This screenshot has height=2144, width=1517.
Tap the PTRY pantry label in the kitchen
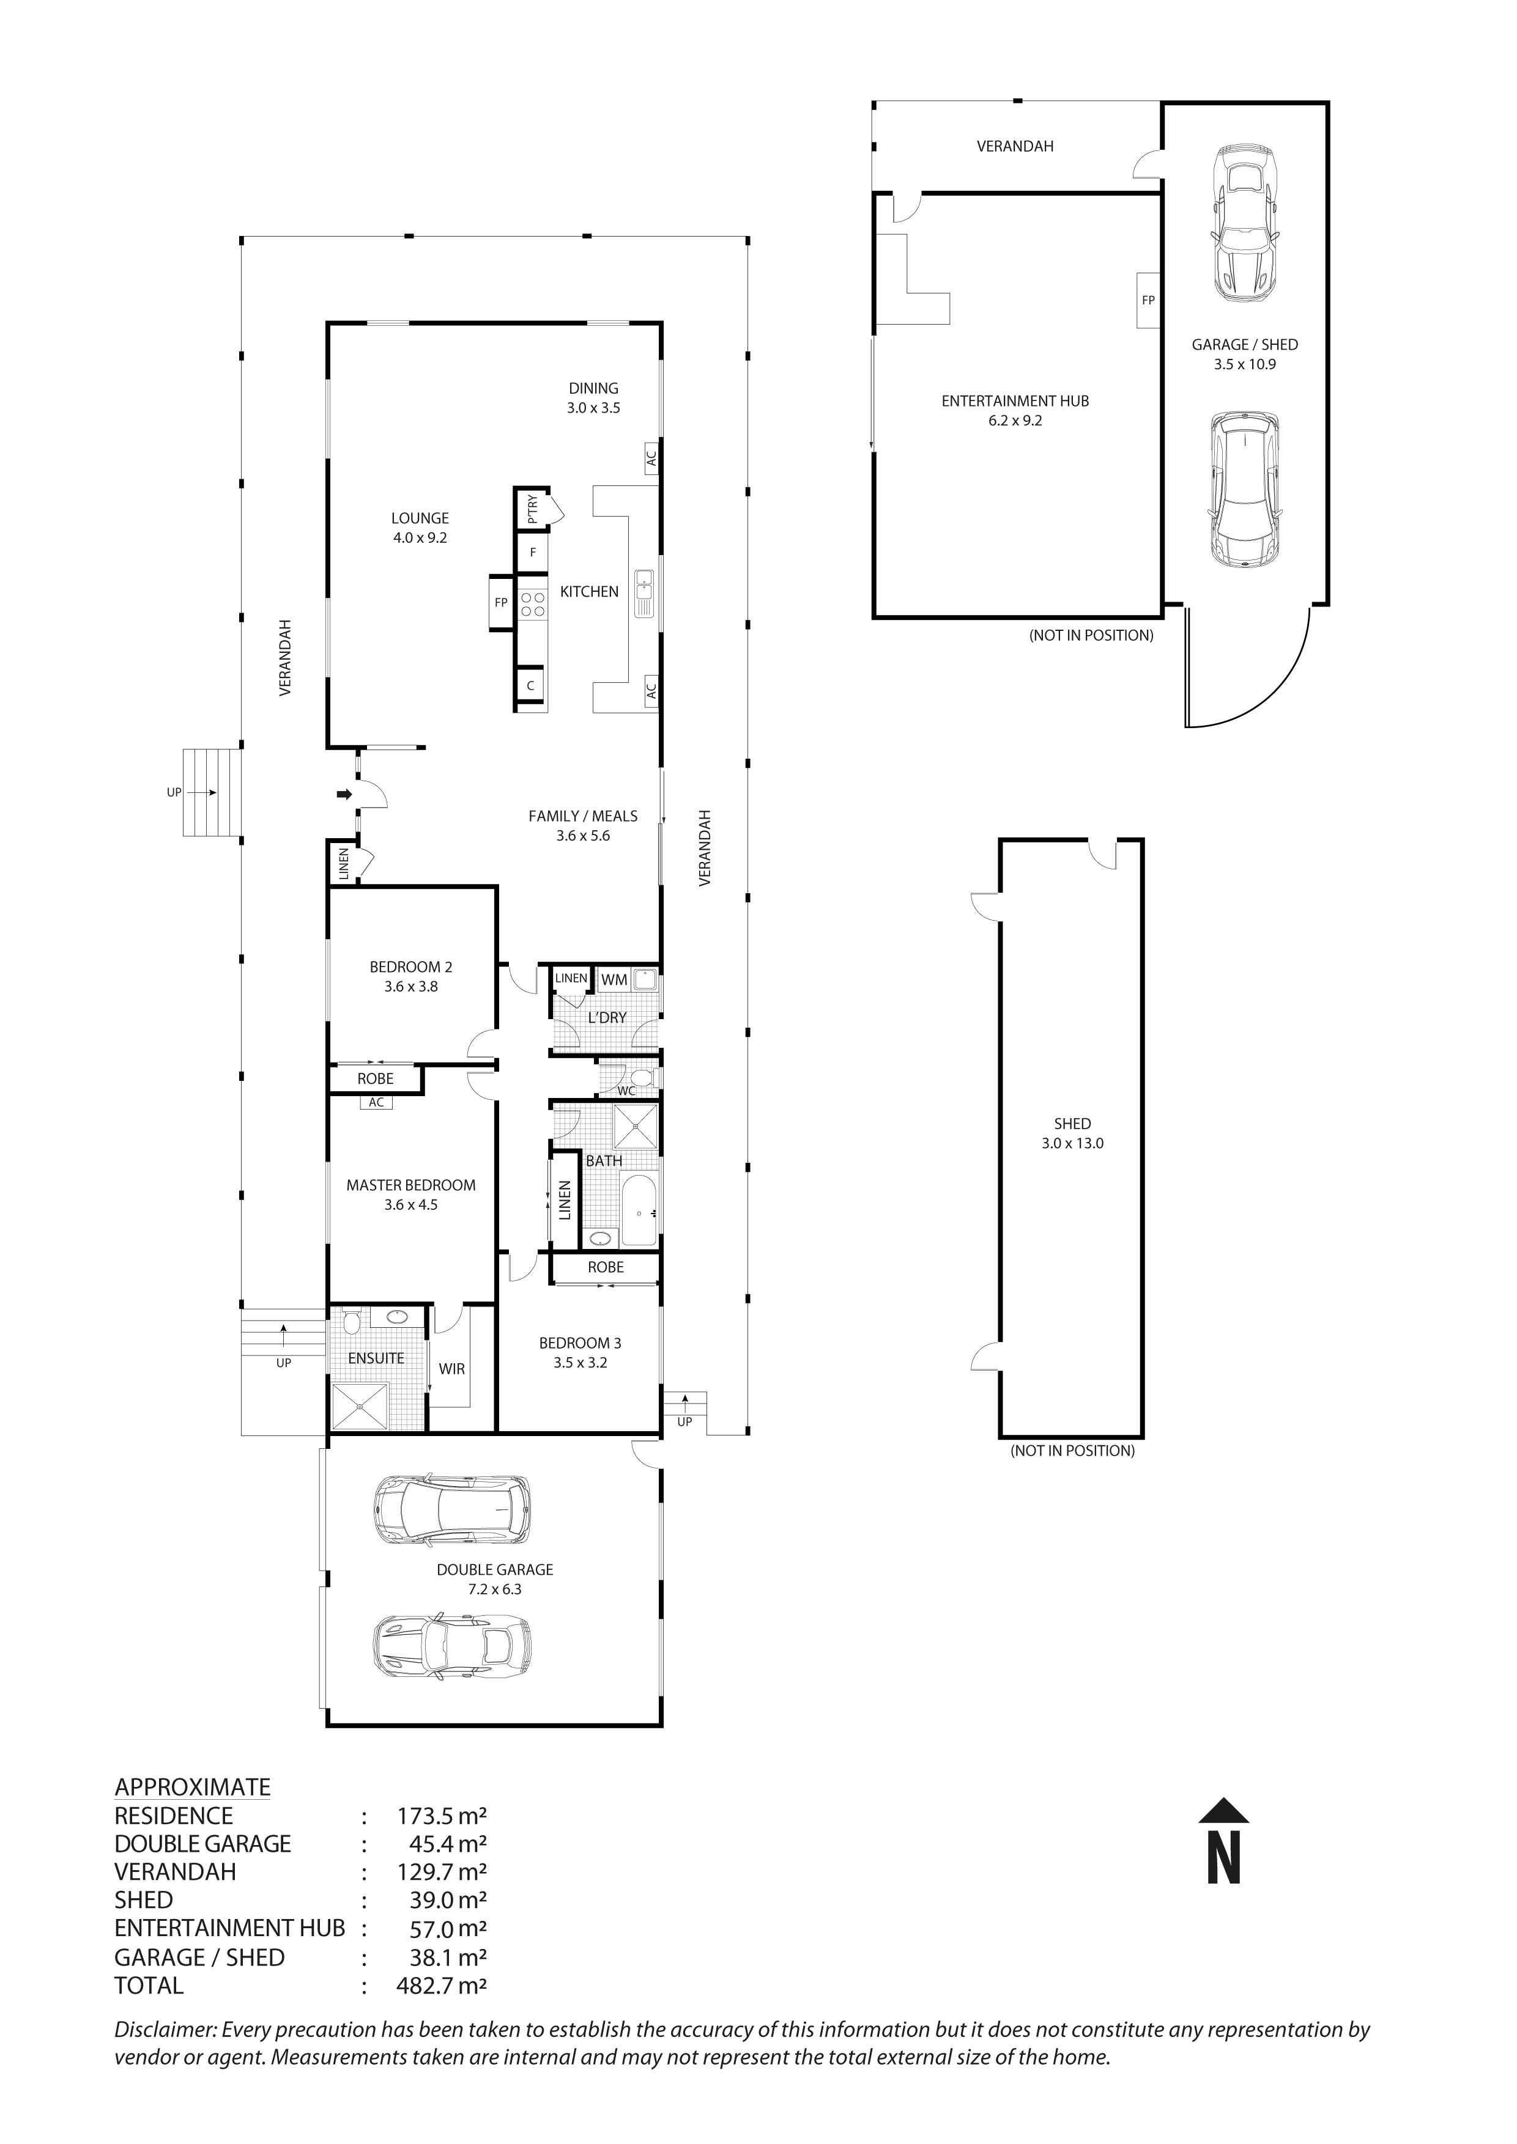532,509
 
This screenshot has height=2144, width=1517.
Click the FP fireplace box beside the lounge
502,603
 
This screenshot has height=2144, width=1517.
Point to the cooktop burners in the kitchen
532,603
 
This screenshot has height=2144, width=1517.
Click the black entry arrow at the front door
344,795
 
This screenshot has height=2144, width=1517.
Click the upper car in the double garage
451,1510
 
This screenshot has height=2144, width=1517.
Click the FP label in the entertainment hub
1148,301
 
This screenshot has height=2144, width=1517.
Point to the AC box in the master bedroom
376,1103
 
